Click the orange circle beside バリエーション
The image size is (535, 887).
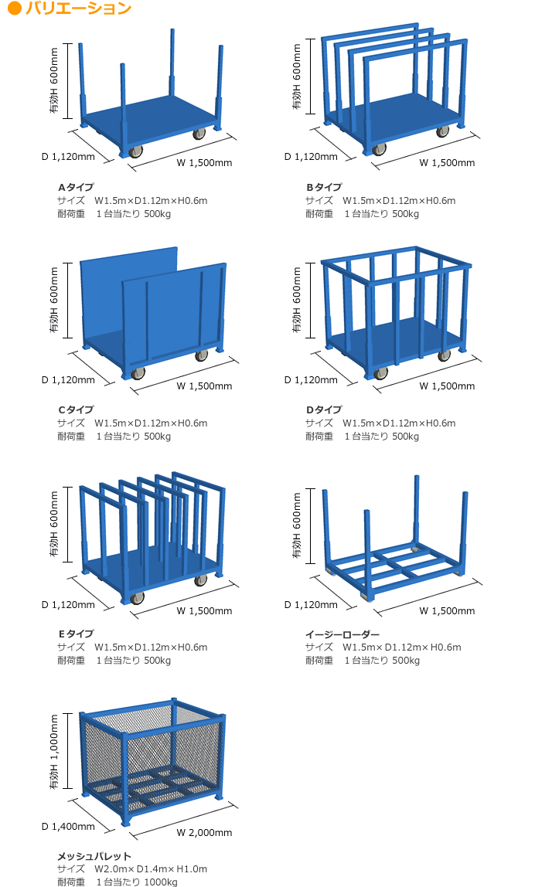tap(15, 8)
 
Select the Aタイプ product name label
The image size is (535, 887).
tap(76, 187)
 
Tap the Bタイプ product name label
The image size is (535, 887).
tap(325, 187)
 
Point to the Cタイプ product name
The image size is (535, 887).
tap(76, 410)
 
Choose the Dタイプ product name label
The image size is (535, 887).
tap(325, 410)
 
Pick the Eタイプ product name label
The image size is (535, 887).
tap(76, 634)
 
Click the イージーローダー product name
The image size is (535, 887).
tap(342, 634)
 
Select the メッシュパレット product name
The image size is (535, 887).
tap(94, 856)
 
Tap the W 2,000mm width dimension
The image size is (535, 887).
tap(204, 833)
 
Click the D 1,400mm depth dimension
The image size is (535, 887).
tap(69, 827)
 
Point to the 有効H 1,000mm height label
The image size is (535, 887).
tap(54, 752)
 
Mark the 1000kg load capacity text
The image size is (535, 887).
tap(161, 882)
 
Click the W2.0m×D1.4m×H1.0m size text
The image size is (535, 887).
tap(151, 869)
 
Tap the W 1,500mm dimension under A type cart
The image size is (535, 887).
tap(204, 163)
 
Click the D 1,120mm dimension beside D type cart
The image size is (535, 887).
tap(311, 380)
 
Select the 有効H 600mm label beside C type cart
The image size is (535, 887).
tap(54, 300)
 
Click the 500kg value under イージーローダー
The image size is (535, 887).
tap(406, 661)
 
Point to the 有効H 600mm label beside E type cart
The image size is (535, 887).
tap(54, 524)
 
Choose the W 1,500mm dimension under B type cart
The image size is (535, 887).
tap(447, 163)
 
